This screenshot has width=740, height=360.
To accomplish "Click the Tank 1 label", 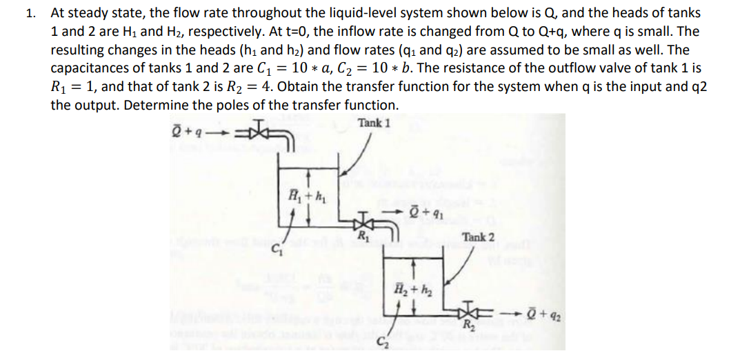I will [374, 123].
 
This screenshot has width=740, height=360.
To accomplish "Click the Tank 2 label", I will [479, 237].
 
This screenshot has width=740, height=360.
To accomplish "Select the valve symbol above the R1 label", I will [360, 223].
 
